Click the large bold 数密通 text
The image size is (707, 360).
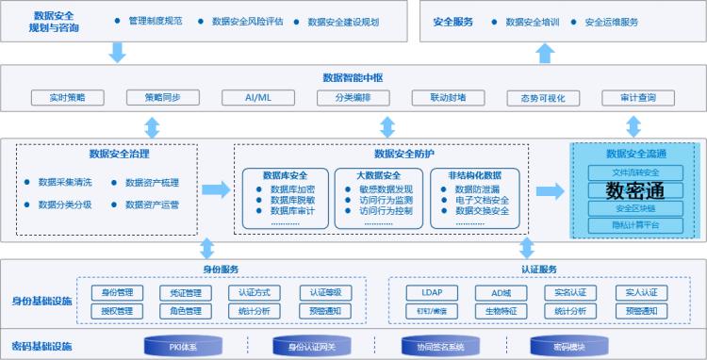tap(634, 190)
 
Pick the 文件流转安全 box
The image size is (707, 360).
tap(634, 172)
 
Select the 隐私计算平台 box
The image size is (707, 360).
tap(634, 225)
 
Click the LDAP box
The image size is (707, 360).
tap(432, 292)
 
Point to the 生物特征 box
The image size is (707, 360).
tap(501, 311)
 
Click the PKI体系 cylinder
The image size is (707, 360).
tap(184, 346)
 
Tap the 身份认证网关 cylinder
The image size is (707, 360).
tap(312, 346)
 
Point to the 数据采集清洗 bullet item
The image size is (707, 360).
tap(64, 182)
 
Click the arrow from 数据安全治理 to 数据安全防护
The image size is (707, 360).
tap(216, 190)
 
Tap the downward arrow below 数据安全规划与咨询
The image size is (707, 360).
tap(118, 54)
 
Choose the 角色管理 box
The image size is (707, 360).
tap(185, 311)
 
